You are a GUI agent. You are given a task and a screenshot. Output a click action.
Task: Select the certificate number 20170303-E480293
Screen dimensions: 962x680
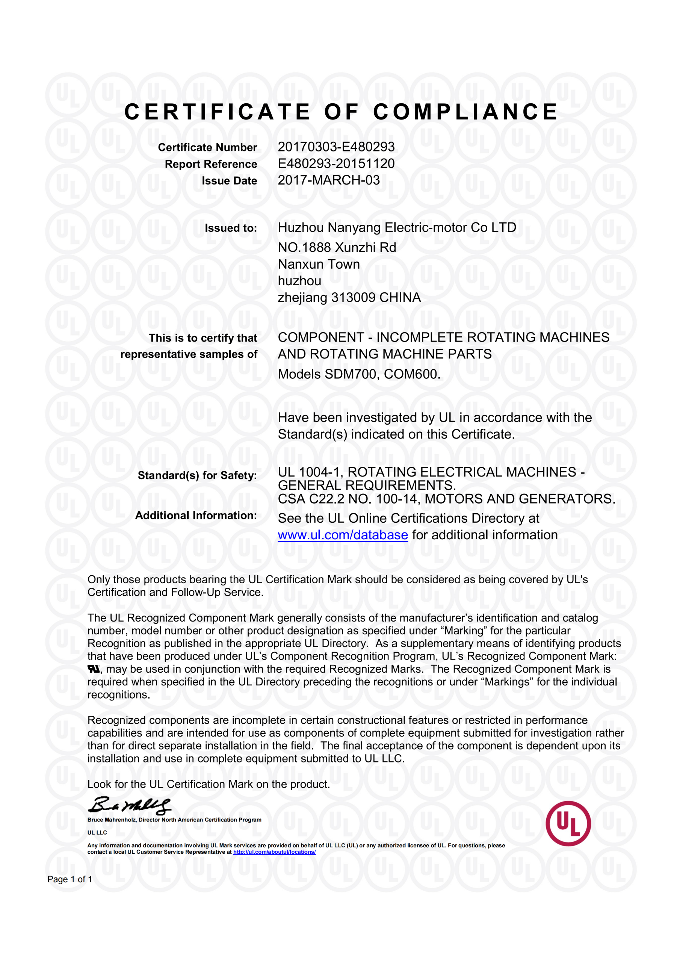coord(336,147)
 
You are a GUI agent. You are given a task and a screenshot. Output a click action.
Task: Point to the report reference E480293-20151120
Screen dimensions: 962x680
coord(336,163)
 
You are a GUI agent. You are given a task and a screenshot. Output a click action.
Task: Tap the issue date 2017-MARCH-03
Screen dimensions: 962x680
coord(328,180)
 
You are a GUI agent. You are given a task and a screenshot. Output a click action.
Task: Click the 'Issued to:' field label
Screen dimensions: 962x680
coord(230,228)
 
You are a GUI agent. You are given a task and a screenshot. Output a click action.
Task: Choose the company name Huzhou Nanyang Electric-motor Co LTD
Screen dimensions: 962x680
coord(397,227)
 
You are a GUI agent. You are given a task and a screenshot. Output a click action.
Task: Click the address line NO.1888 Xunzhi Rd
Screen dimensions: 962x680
coord(337,248)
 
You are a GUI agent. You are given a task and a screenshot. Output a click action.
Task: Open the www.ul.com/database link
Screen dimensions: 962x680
coord(343,535)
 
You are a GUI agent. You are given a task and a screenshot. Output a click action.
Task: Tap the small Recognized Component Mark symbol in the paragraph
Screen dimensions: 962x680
coord(94,669)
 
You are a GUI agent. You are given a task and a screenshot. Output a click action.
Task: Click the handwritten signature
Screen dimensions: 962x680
coord(129,805)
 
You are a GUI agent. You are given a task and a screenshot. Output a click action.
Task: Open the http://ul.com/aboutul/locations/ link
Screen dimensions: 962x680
coord(274,852)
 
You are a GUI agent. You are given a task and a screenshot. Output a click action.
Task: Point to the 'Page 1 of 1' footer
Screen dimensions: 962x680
coord(70,879)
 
